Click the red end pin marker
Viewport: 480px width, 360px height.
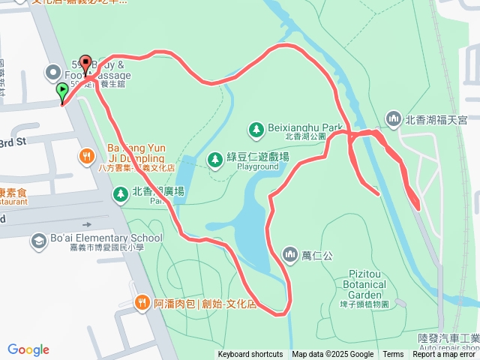[x=85, y=64]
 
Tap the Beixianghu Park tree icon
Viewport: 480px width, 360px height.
[x=256, y=129]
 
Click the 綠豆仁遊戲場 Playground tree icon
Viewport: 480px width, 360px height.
[x=215, y=158]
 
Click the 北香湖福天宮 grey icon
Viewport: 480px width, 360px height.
[x=394, y=118]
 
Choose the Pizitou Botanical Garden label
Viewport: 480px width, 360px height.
[x=364, y=290]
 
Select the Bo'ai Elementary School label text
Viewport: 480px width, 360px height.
[x=106, y=238]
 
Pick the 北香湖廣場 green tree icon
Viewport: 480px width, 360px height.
[x=120, y=194]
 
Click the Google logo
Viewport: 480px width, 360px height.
[x=28, y=349]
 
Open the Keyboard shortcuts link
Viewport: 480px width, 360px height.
[x=250, y=355]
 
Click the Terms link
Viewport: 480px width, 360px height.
[x=393, y=355]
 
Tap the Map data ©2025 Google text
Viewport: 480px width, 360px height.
[x=332, y=355]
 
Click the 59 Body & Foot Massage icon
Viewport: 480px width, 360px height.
[x=53, y=73]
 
